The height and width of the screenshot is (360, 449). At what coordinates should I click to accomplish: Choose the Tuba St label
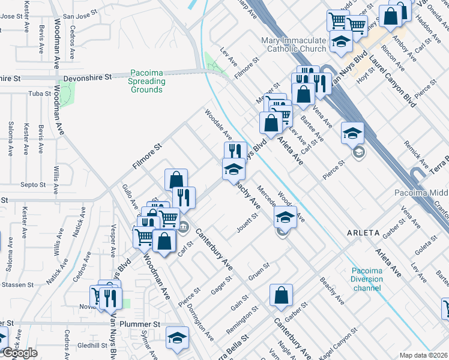point(40,94)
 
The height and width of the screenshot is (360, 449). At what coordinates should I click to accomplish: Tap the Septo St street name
point(33,185)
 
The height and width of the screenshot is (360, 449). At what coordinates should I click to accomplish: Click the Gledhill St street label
point(91,345)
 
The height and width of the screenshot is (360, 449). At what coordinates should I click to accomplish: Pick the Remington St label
point(242,322)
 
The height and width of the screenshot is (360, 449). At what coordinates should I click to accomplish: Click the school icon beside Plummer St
point(177,338)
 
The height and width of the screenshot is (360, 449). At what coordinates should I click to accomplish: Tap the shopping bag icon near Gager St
point(281,295)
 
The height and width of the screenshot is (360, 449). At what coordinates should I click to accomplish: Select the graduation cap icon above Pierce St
point(352,134)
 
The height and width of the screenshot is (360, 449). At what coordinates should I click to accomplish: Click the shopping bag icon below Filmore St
point(176,180)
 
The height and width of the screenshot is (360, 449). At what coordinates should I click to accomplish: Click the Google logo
point(20,353)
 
